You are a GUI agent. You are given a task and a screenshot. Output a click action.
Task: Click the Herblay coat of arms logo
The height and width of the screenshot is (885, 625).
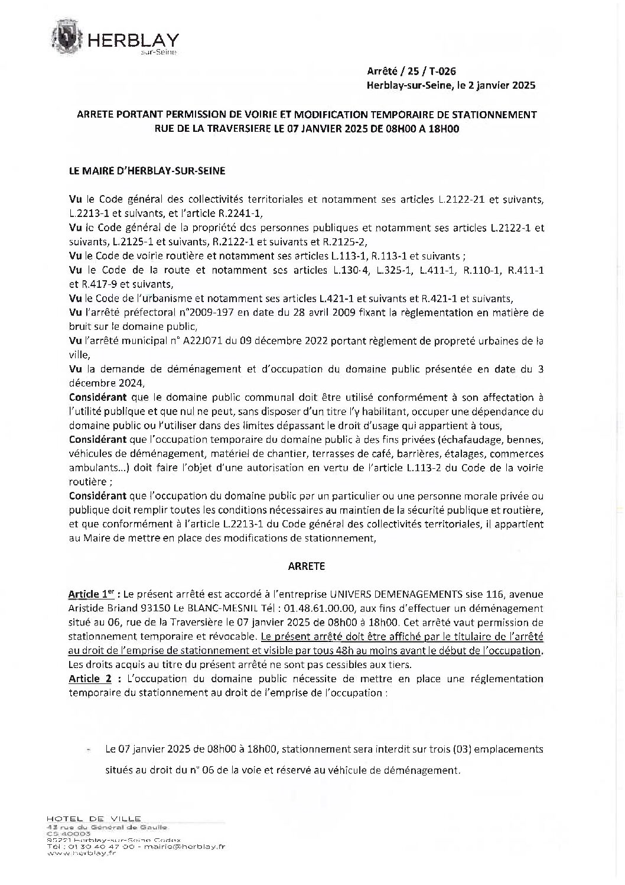tap(70, 37)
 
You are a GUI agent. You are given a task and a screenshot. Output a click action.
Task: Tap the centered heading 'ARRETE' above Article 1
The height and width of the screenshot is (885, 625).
tap(306, 566)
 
